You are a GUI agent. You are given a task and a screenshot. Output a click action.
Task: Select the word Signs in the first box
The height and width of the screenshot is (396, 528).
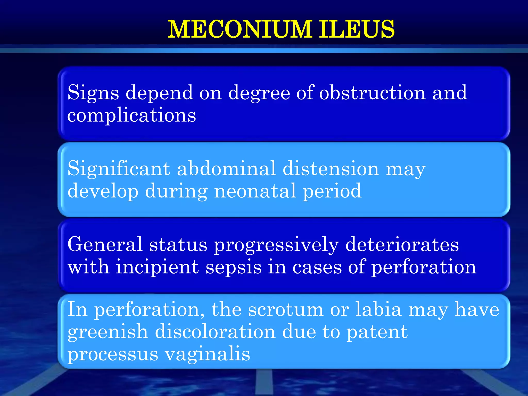point(93,93)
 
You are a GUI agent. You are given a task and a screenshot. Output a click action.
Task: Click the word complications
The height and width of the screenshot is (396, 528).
point(131,115)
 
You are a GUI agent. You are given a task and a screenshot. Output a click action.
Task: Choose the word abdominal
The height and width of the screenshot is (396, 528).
point(227,168)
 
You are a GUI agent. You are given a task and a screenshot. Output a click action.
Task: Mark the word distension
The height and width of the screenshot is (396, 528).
point(331,168)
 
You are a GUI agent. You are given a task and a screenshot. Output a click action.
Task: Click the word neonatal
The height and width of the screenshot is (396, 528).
point(255,191)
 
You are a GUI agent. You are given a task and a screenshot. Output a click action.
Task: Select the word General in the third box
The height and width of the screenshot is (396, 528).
point(105,244)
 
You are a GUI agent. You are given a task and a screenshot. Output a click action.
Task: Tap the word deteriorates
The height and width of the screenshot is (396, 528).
point(402,244)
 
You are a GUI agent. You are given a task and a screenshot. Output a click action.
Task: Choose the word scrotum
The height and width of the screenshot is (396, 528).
point(286,309)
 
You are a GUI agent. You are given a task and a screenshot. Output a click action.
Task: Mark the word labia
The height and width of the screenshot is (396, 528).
point(378,309)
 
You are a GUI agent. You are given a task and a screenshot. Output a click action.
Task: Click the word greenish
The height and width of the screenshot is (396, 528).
point(108,332)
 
